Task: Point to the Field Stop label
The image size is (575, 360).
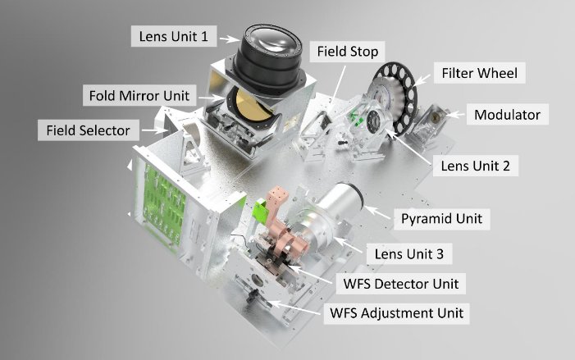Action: pos(348,52)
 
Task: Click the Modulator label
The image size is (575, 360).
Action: pos(505,114)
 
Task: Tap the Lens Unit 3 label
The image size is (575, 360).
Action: pos(408,255)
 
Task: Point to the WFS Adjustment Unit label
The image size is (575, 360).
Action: pos(395,312)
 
